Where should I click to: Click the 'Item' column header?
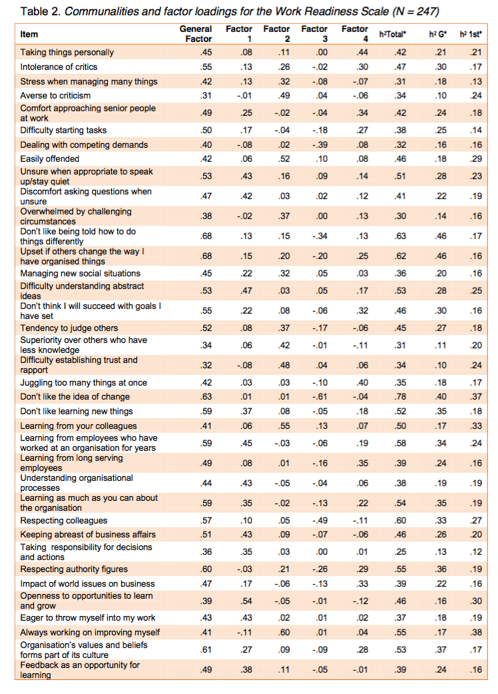click(29, 35)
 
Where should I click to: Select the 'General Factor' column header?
click(196, 34)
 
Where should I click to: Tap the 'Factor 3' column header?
click(314, 34)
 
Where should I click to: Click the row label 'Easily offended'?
click(50, 159)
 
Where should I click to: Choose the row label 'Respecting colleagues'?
click(64, 521)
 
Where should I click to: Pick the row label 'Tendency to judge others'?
click(69, 328)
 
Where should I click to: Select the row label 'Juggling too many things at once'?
click(84, 383)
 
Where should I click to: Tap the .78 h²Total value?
click(399, 398)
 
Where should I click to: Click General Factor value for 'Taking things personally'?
click(206, 53)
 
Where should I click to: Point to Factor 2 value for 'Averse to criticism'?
click(285, 96)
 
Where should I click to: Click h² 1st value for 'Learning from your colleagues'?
click(475, 426)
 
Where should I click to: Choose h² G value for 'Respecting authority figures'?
click(439, 569)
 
